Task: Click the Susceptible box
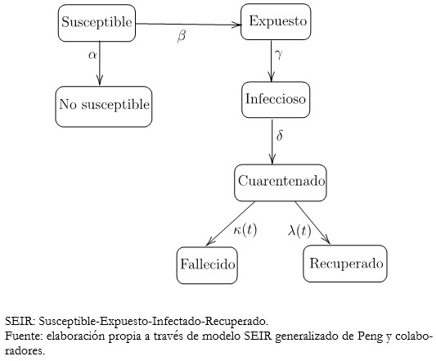point(97,23)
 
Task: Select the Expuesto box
point(276,22)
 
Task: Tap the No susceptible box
point(104,106)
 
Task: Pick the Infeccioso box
point(276,100)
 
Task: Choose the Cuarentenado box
point(281,183)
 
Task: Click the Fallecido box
point(207,265)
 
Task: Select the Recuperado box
point(345,264)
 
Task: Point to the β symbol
point(182,36)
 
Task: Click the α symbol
point(92,55)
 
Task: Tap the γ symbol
point(279,54)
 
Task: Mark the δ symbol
point(280,136)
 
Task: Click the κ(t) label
point(245,230)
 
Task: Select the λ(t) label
point(299,231)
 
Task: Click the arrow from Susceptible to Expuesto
point(188,25)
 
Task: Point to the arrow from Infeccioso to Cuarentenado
point(272,141)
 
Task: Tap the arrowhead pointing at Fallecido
point(209,241)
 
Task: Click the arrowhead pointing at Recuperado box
point(326,240)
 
